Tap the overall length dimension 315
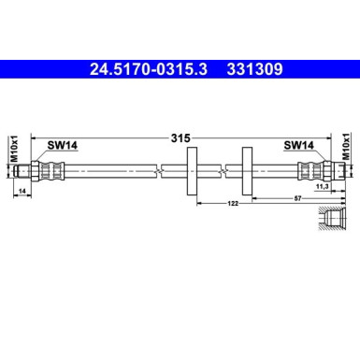click(180, 137)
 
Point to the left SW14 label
click(63, 145)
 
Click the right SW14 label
click(300, 145)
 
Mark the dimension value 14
click(22, 191)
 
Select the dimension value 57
click(295, 196)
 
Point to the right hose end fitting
click(315, 170)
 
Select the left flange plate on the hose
click(192, 170)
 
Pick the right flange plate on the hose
click(248, 170)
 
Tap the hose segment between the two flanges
click(220, 170)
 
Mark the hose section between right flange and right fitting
click(276, 170)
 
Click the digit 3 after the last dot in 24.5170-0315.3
click(205, 69)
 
